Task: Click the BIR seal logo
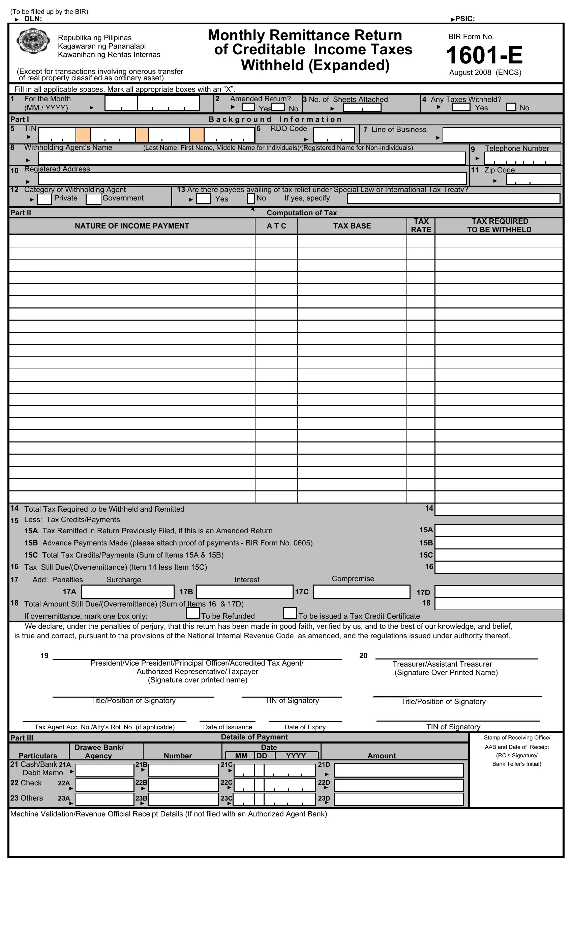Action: tap(33, 42)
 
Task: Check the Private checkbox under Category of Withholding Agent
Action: tap(44, 199)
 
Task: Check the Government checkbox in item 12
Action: tap(93, 199)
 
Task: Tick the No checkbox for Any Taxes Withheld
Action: tap(511, 107)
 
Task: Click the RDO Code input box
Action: tap(334, 135)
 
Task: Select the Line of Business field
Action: tap(502, 135)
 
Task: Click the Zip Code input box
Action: tap(533, 179)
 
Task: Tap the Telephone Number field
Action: tap(522, 158)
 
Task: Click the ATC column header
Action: tap(276, 226)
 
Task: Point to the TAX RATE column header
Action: tap(421, 225)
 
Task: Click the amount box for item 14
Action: tap(498, 509)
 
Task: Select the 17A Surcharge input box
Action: tap(127, 591)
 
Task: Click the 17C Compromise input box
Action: tap(362, 591)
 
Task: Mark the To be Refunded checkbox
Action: tap(193, 613)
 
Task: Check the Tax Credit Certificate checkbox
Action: tap(290, 613)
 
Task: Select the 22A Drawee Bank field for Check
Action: tap(104, 785)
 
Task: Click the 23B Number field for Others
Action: tap(183, 799)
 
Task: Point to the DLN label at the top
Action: tap(33, 19)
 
